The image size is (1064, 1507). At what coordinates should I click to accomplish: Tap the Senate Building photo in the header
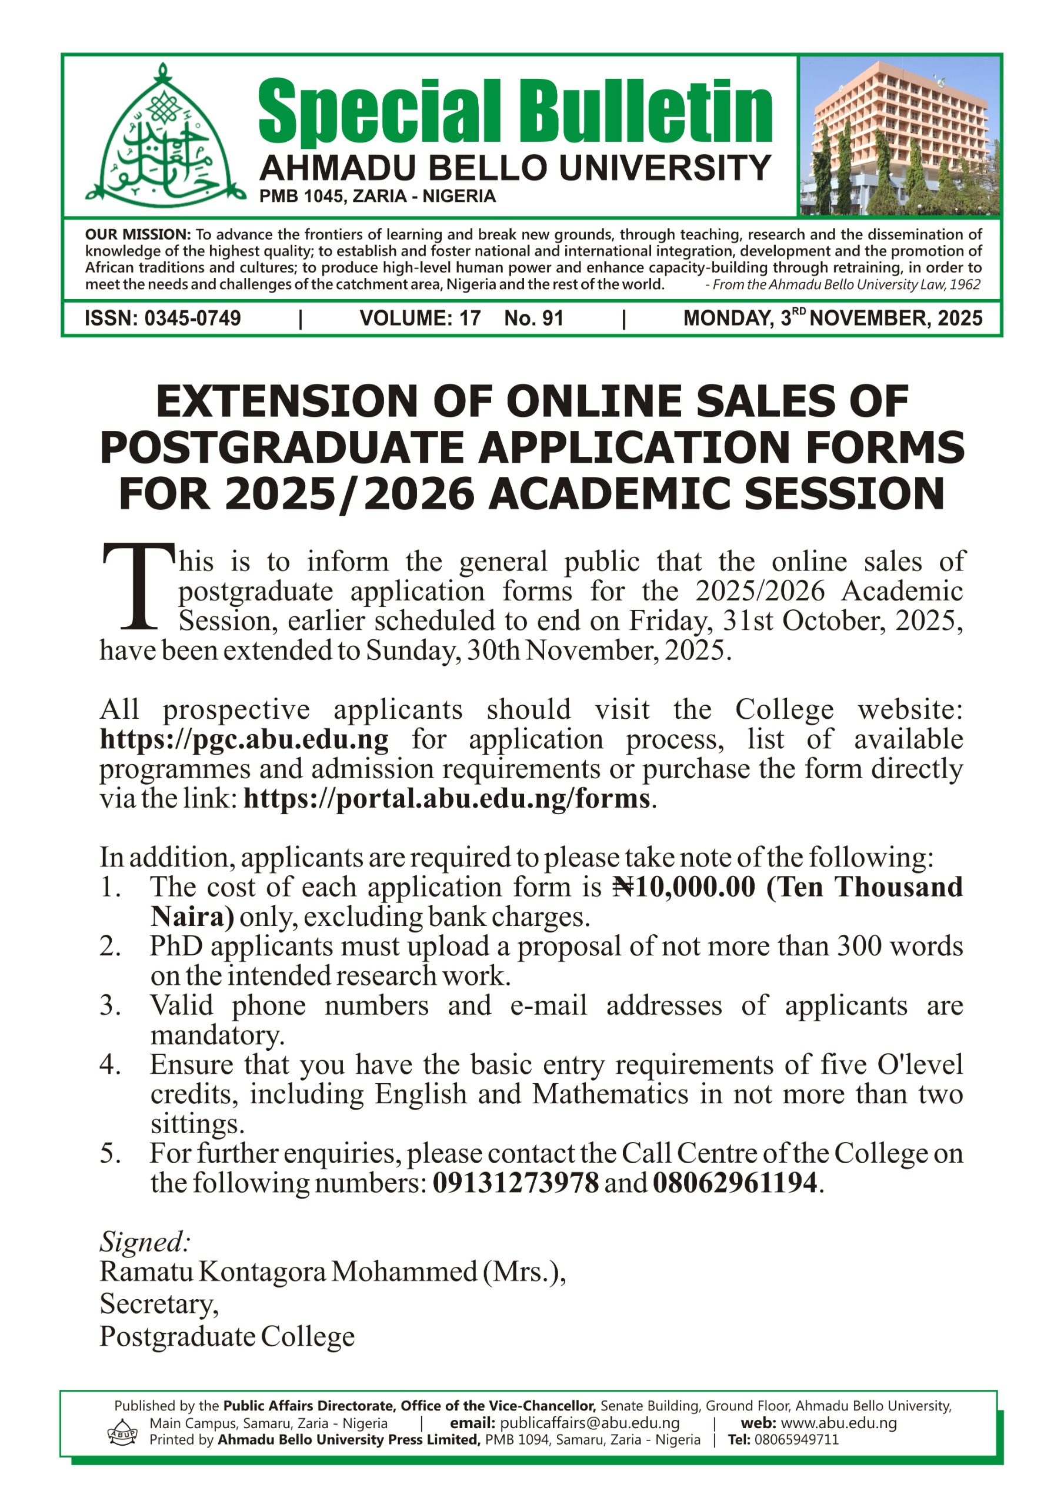click(899, 136)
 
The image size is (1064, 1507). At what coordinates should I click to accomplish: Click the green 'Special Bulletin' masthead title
click(515, 112)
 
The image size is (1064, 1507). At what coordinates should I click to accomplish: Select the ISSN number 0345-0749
click(192, 318)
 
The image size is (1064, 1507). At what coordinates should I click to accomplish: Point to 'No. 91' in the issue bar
click(533, 318)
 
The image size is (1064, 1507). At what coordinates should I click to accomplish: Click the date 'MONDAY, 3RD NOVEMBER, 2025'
click(832, 318)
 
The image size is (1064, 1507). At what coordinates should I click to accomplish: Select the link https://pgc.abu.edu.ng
click(244, 740)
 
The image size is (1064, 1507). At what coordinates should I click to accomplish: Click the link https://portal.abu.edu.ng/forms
click(446, 799)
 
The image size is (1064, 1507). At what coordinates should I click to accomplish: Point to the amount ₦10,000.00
click(684, 887)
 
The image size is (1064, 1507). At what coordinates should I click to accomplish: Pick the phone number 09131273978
click(516, 1183)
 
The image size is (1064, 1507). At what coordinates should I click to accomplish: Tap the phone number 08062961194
click(735, 1183)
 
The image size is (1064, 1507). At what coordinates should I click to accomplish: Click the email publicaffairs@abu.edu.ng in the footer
click(589, 1423)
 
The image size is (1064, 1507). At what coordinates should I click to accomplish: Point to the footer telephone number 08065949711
click(796, 1440)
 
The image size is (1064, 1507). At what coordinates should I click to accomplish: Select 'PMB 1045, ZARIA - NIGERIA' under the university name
click(377, 196)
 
